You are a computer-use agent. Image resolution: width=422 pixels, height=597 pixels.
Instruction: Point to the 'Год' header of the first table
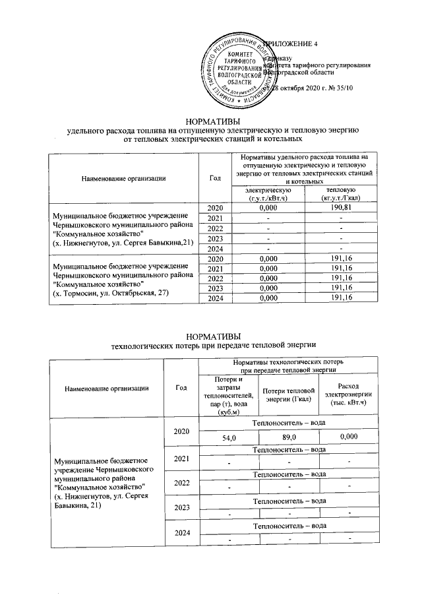[214, 178]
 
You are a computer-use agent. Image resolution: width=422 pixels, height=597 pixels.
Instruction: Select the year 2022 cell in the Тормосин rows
[214, 278]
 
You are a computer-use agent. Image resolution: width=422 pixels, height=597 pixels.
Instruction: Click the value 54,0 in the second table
[228, 437]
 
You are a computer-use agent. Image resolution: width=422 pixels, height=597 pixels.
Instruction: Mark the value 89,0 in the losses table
[289, 437]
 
